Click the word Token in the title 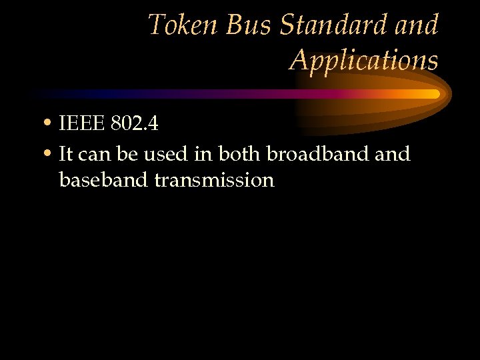click(x=183, y=25)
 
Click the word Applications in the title click(x=363, y=60)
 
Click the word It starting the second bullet click(x=65, y=155)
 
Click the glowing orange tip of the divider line click(x=433, y=95)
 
